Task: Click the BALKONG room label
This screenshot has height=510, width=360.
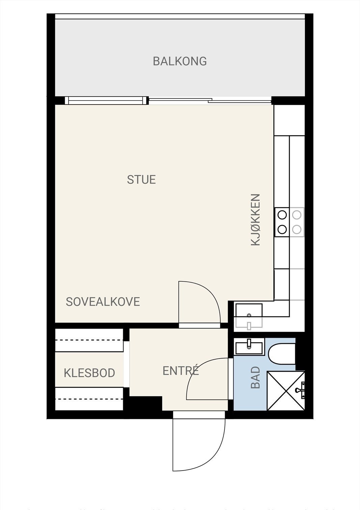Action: tap(179, 61)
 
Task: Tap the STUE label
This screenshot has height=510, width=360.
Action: tap(141, 179)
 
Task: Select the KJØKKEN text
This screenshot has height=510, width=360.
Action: tap(256, 219)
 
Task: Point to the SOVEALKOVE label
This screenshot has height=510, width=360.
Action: tap(103, 302)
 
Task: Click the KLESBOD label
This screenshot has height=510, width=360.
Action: tap(89, 373)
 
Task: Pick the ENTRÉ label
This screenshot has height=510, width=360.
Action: tap(181, 371)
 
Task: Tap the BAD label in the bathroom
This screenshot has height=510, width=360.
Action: tap(256, 377)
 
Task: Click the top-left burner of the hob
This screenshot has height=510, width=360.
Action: tap(282, 215)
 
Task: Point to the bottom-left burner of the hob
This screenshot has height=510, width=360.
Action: tap(282, 229)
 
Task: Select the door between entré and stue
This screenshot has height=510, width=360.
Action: tap(199, 304)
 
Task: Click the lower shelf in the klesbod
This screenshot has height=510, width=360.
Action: tap(89, 399)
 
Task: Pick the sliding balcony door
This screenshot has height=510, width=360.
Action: tap(210, 100)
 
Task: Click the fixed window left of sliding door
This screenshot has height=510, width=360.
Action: tap(106, 100)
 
